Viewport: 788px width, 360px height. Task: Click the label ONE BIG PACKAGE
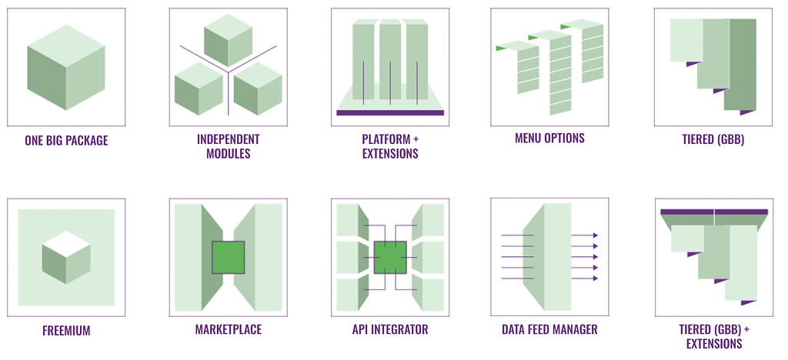click(66, 140)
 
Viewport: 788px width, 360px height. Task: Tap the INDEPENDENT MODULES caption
click(228, 146)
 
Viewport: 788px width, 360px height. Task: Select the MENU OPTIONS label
click(549, 138)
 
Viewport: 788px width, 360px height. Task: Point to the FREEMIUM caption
click(66, 331)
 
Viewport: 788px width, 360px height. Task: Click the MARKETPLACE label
click(228, 329)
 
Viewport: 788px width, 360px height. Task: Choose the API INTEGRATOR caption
click(390, 329)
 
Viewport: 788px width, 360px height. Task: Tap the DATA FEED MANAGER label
click(549, 329)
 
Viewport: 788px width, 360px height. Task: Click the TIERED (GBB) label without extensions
click(713, 139)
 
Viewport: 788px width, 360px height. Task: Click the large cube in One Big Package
click(66, 67)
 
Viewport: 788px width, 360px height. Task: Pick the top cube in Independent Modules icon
click(228, 40)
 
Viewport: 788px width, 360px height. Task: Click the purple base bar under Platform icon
click(390, 113)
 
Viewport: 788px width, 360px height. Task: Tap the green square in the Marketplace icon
click(228, 258)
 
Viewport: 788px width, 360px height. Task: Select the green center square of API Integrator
click(390, 258)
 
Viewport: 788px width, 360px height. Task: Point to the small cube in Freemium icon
click(66, 258)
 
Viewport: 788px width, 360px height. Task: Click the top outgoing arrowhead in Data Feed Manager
click(595, 235)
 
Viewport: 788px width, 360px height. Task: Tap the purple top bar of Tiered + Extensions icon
click(714, 212)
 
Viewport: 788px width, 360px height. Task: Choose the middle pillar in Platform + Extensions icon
click(390, 59)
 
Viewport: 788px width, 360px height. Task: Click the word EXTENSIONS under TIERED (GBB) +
click(714, 343)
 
